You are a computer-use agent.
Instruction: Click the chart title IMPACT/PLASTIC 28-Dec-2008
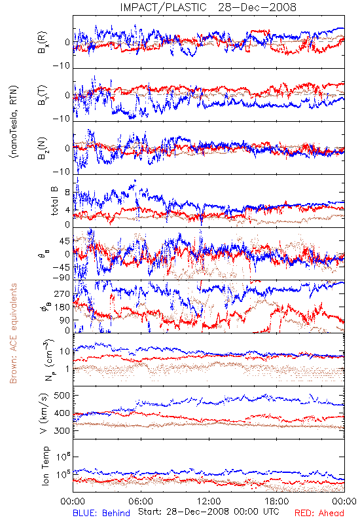[208, 7]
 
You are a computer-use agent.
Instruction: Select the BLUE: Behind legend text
[101, 513]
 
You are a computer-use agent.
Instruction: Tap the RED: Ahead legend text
[319, 513]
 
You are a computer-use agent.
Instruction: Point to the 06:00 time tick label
[141, 501]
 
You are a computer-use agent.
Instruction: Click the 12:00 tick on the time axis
[209, 501]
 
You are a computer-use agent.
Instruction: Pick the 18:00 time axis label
[276, 501]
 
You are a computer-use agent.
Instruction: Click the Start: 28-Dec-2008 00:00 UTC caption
[209, 512]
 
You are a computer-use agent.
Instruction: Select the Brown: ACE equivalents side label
[13, 333]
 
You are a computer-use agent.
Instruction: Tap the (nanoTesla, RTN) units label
[14, 121]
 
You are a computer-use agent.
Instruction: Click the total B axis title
[54, 201]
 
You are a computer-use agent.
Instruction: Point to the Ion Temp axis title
[45, 466]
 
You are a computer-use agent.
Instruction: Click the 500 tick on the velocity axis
[62, 396]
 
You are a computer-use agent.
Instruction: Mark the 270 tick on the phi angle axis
[62, 294]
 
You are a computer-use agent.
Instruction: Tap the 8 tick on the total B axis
[67, 193]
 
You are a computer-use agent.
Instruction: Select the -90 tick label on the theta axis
[62, 278]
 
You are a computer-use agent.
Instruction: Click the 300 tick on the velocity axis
[62, 430]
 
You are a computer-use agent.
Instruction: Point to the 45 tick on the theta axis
[65, 241]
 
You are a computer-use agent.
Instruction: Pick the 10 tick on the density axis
[65, 352]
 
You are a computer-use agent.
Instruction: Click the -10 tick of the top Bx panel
[62, 66]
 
